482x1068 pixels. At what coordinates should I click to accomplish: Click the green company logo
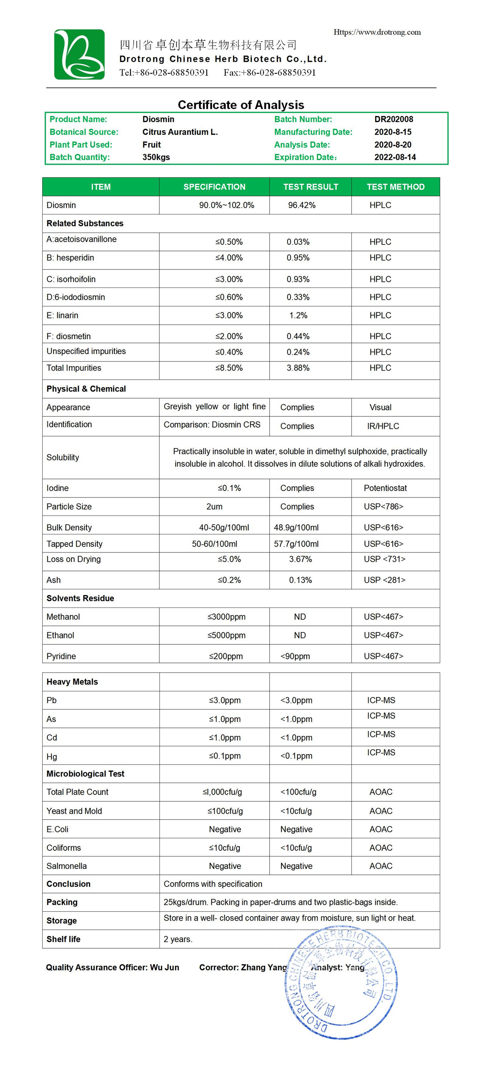79,54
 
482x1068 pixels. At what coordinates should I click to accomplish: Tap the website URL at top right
377,33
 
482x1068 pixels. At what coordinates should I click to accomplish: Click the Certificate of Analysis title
241,104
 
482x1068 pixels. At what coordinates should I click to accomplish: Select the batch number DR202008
394,119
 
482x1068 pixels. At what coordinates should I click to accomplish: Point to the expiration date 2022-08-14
395,157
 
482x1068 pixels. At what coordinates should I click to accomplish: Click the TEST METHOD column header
395,187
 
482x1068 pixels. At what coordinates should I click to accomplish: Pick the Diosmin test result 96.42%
302,205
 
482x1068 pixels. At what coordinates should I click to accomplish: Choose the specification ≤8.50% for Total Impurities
229,368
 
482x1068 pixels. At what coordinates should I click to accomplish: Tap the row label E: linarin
62,316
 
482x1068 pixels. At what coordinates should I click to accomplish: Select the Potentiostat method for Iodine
385,488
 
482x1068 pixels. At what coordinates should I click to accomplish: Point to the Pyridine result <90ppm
295,656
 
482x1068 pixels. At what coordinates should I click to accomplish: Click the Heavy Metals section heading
72,682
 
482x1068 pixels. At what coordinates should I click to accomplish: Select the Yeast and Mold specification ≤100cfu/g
225,811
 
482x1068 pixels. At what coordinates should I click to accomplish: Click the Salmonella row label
66,866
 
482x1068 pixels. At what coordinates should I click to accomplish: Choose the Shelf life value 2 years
178,939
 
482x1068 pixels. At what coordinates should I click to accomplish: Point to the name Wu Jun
164,968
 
